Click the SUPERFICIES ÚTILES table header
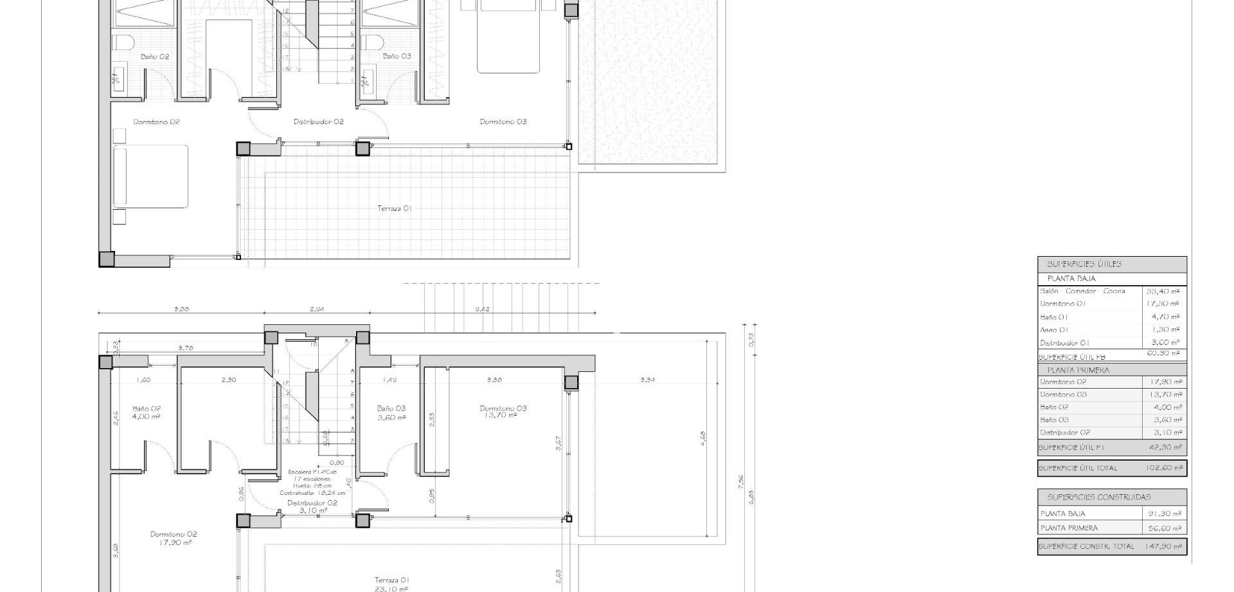tap(1075, 264)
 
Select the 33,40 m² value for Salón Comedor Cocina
tap(1163, 291)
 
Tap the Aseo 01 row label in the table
tap(1054, 330)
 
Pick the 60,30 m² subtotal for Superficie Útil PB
tap(1163, 353)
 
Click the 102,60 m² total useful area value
tap(1164, 468)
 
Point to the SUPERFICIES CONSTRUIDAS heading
tap(1098, 497)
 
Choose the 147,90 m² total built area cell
tap(1163, 546)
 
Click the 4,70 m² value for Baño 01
tap(1165, 317)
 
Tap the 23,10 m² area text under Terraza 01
tap(392, 588)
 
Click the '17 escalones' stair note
tap(312, 479)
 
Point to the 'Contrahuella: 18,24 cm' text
tap(312, 493)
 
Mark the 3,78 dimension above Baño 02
tap(185, 348)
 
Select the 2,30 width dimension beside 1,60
tap(229, 380)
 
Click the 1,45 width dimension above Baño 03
tap(389, 380)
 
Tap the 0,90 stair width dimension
tap(337, 462)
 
